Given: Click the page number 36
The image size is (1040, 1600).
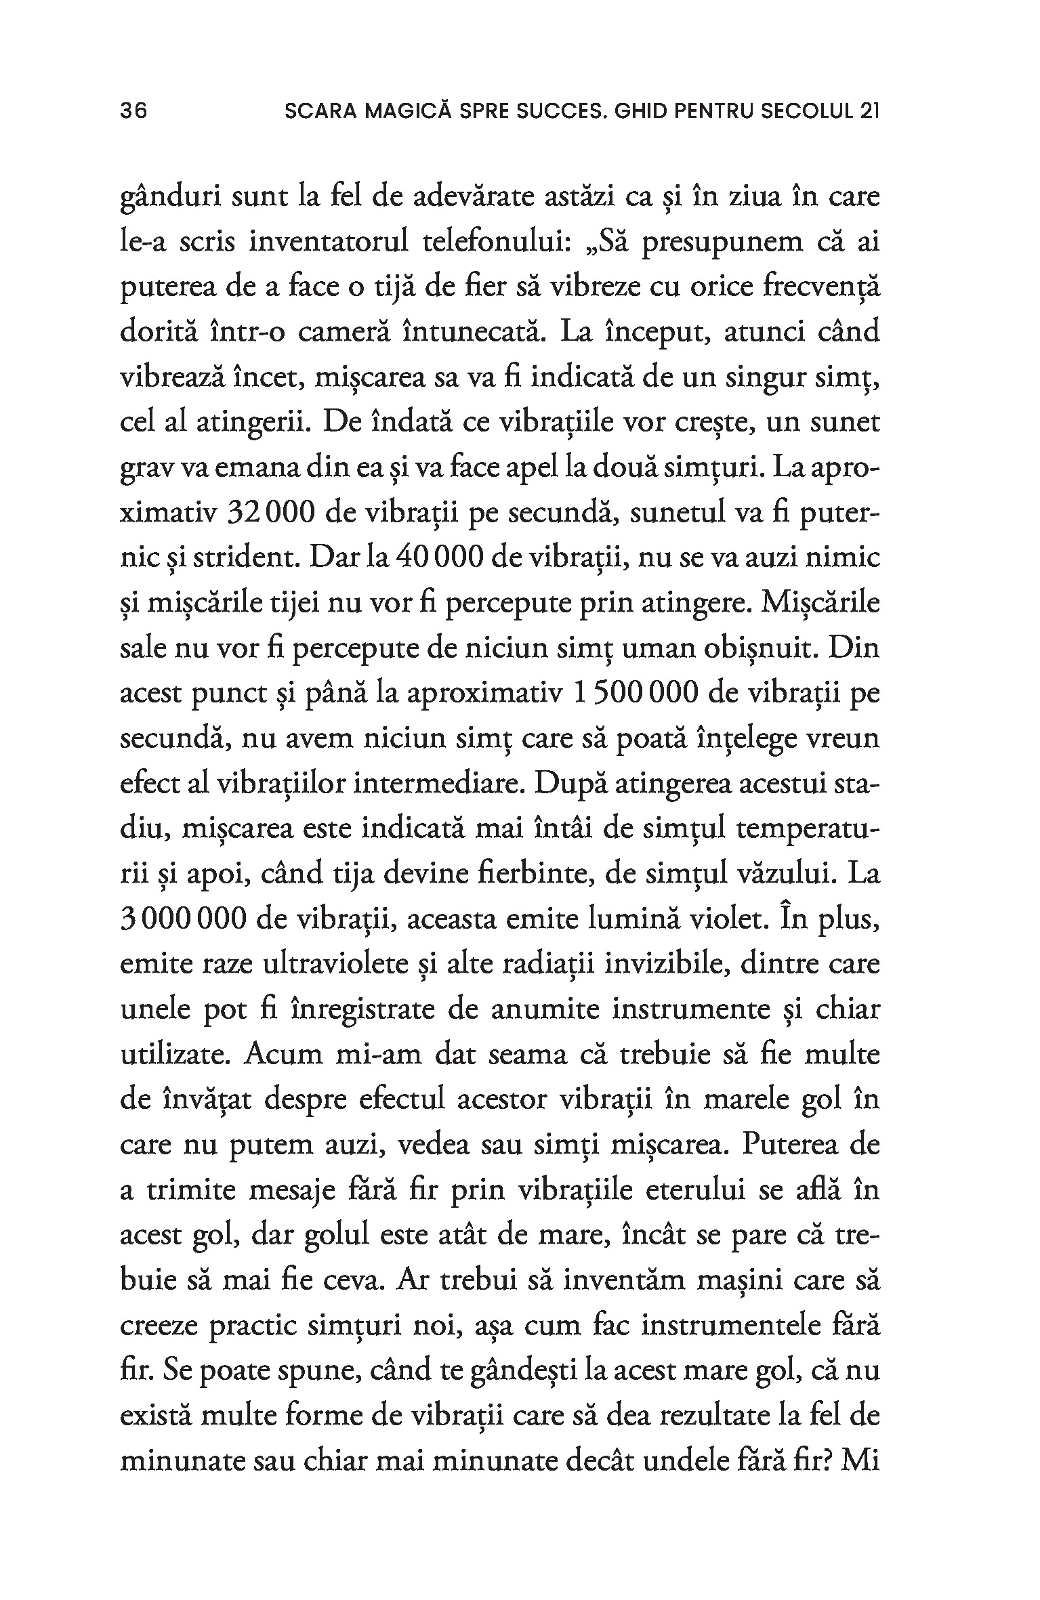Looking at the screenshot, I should [133, 111].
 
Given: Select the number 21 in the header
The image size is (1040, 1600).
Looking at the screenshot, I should [868, 111].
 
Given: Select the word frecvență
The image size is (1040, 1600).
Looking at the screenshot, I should [820, 289].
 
